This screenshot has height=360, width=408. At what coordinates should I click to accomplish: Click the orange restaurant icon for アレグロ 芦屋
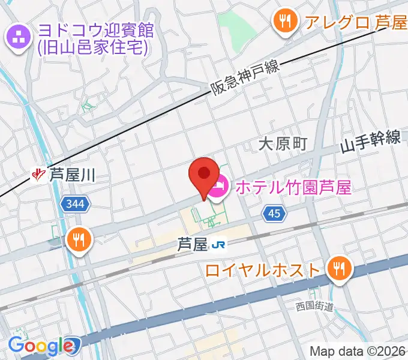point(284,22)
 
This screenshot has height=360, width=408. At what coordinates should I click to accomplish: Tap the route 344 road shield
point(76,205)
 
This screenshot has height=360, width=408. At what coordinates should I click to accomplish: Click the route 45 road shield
point(274,212)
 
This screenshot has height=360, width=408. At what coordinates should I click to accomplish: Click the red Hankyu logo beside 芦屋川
point(39,175)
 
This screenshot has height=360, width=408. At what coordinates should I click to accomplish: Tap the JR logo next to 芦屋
point(222,244)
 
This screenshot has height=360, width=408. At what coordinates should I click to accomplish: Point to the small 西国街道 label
point(314,307)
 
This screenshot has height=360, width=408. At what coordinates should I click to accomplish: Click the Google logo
point(41,345)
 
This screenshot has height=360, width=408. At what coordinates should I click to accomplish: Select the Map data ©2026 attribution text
point(358,351)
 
